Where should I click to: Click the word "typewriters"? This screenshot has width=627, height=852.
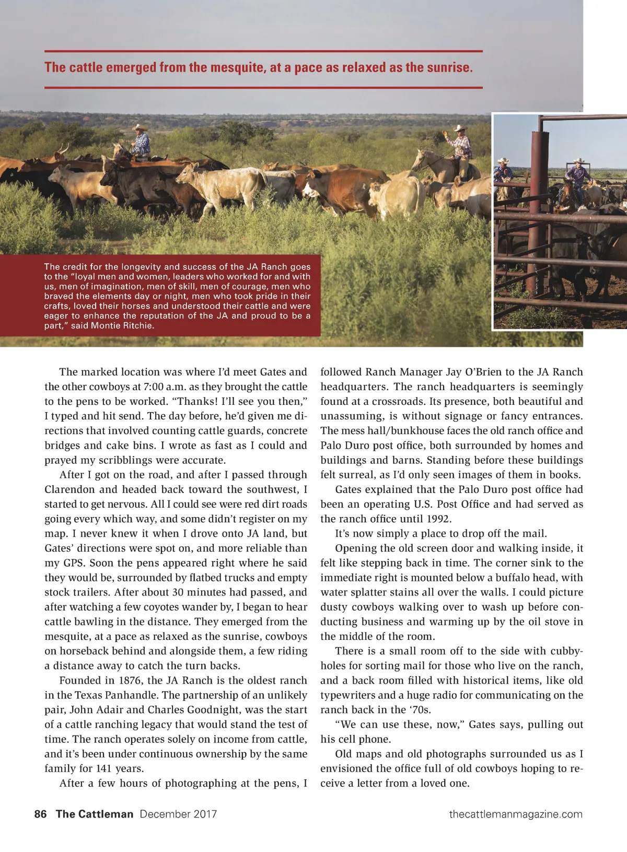click(347, 695)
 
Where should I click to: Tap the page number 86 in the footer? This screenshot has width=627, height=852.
click(40, 814)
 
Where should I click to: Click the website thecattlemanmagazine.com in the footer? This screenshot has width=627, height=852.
click(515, 814)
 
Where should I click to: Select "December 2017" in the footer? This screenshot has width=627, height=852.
click(178, 814)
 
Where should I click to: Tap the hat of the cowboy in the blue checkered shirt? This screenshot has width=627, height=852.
click(140, 127)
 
